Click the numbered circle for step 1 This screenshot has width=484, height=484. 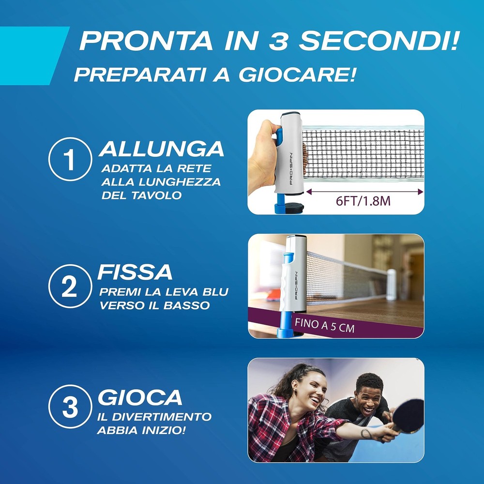(x=70, y=159)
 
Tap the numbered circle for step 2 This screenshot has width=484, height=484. (x=70, y=286)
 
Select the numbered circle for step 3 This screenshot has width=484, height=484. (x=70, y=407)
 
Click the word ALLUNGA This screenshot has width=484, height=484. (x=162, y=149)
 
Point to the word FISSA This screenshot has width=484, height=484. (x=135, y=272)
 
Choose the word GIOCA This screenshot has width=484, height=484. (x=140, y=397)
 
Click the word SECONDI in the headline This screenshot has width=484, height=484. (x=378, y=41)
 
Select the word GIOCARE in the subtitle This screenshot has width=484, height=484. (x=297, y=75)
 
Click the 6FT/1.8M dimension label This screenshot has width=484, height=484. (x=363, y=201)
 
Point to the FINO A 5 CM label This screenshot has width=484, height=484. (x=324, y=326)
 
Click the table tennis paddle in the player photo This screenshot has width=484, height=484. (x=406, y=417)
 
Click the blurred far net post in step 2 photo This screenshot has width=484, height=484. (x=392, y=285)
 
